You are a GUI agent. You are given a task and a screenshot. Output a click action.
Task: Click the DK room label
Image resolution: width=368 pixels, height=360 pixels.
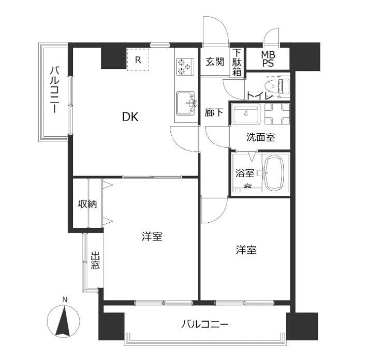coord(130,117)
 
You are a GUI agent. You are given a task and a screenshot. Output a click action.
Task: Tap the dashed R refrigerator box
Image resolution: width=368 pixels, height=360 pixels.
coord(138,60)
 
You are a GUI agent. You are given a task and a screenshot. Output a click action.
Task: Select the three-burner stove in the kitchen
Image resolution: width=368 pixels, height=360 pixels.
coord(185,66)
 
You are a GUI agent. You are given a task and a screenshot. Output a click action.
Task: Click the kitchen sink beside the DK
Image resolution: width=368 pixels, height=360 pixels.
coord(186,104)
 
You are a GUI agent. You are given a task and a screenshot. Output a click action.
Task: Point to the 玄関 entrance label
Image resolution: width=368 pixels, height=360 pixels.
coord(215,62)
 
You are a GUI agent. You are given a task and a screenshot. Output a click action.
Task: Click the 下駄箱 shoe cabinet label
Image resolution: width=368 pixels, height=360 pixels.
coord(237,62)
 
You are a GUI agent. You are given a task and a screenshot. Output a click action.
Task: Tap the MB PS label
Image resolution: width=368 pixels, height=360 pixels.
coord(268,59)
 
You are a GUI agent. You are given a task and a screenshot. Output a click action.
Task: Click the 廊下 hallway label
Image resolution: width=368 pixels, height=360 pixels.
coord(214,112)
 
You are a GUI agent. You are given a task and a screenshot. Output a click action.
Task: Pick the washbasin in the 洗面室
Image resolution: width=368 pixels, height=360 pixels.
coord(246,114)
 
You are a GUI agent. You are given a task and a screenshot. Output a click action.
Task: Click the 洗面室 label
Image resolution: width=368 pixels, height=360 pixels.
coord(260,137)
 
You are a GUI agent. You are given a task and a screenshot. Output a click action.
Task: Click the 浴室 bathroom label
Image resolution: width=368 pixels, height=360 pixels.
coord(244,174)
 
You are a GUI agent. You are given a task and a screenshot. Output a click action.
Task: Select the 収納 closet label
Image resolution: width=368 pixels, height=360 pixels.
coord(87,204)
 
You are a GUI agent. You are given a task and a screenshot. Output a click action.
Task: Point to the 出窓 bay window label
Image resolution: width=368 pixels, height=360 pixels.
coord(95,261)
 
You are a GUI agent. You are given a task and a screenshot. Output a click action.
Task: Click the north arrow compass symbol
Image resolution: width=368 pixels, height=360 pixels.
coord(63,321)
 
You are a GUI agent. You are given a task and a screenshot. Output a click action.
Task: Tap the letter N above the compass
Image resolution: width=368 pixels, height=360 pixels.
coord(65,299)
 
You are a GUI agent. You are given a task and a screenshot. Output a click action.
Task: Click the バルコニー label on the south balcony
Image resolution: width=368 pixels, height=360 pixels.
coord(205,325)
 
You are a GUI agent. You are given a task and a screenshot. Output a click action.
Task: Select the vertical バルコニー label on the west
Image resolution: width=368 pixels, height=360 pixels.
coord(54,90)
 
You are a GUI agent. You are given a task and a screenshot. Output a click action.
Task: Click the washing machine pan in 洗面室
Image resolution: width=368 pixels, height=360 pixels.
coord(277,114)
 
